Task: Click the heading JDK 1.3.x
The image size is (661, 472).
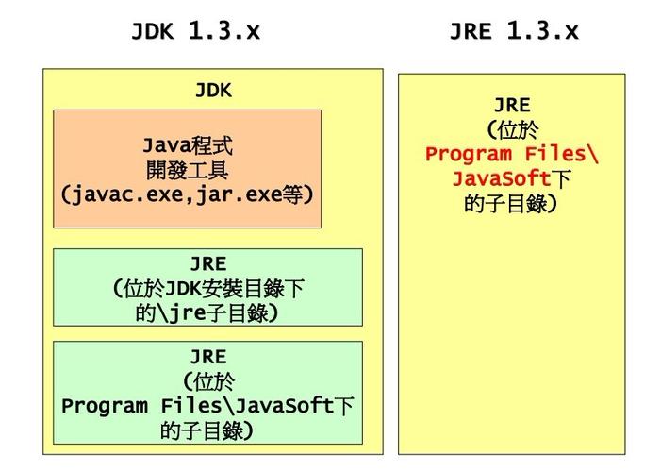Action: [x=195, y=31]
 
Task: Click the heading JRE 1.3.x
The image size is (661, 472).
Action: [x=513, y=31]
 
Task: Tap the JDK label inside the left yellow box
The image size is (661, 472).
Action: [x=213, y=91]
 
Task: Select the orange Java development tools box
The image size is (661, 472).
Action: [x=187, y=168]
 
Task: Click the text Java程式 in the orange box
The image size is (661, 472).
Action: [x=187, y=146]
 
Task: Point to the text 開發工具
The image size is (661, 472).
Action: [x=187, y=171]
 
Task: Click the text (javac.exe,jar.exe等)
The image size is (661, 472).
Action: [x=187, y=195]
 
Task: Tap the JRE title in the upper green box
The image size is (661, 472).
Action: [x=208, y=264]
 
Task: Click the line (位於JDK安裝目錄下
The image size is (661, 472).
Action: [x=208, y=288]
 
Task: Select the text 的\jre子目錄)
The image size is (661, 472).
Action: [x=208, y=312]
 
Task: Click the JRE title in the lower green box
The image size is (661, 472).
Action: [x=208, y=358]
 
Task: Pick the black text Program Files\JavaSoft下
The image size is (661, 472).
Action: [x=208, y=407]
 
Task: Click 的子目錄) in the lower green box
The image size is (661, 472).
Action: [x=208, y=431]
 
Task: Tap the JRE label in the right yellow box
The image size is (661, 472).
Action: [x=512, y=106]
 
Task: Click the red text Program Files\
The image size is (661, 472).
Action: [x=512, y=155]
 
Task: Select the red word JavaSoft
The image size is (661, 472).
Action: [x=501, y=179]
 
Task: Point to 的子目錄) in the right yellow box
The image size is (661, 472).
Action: [x=512, y=204]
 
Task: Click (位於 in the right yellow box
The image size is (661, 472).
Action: [x=512, y=130]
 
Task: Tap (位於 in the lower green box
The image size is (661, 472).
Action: [x=208, y=382]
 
